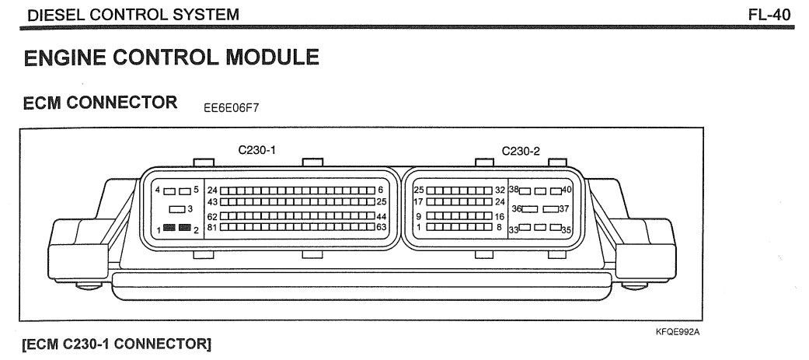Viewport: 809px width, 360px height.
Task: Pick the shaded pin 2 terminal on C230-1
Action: click(x=184, y=228)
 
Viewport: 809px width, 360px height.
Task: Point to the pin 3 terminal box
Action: click(x=176, y=208)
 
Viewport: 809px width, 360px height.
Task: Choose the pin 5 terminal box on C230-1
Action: click(x=184, y=190)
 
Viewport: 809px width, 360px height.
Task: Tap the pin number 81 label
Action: click(x=212, y=227)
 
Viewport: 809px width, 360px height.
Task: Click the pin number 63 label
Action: click(x=381, y=227)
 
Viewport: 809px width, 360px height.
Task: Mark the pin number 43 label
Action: click(x=212, y=201)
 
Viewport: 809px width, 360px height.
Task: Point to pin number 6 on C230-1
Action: click(x=381, y=190)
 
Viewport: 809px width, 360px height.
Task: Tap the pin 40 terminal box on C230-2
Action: click(x=555, y=190)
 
